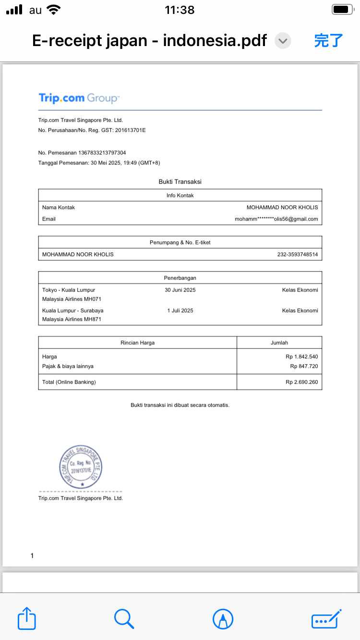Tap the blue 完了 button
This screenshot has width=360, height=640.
(329, 41)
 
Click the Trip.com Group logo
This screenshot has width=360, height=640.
(79, 98)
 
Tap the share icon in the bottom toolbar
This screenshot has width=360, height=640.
(27, 618)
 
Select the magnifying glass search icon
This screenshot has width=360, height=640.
(124, 618)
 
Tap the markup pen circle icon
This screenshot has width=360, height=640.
(223, 618)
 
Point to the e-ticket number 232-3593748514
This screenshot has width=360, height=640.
(298, 254)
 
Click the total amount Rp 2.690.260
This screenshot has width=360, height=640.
(301, 382)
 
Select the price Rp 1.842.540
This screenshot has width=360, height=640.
(301, 357)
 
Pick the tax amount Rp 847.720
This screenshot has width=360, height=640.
(304, 367)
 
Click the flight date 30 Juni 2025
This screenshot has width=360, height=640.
(180, 290)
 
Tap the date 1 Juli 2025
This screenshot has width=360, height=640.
(180, 311)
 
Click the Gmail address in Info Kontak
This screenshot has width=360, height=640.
(276, 219)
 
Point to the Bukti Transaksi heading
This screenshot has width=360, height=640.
(180, 182)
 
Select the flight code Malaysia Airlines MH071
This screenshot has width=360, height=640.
(72, 299)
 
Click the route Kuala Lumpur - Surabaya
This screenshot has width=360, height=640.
(72, 311)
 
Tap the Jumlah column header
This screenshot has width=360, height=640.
(279, 343)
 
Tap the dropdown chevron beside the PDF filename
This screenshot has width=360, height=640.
(283, 41)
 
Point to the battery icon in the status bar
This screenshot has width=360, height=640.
(343, 9)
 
